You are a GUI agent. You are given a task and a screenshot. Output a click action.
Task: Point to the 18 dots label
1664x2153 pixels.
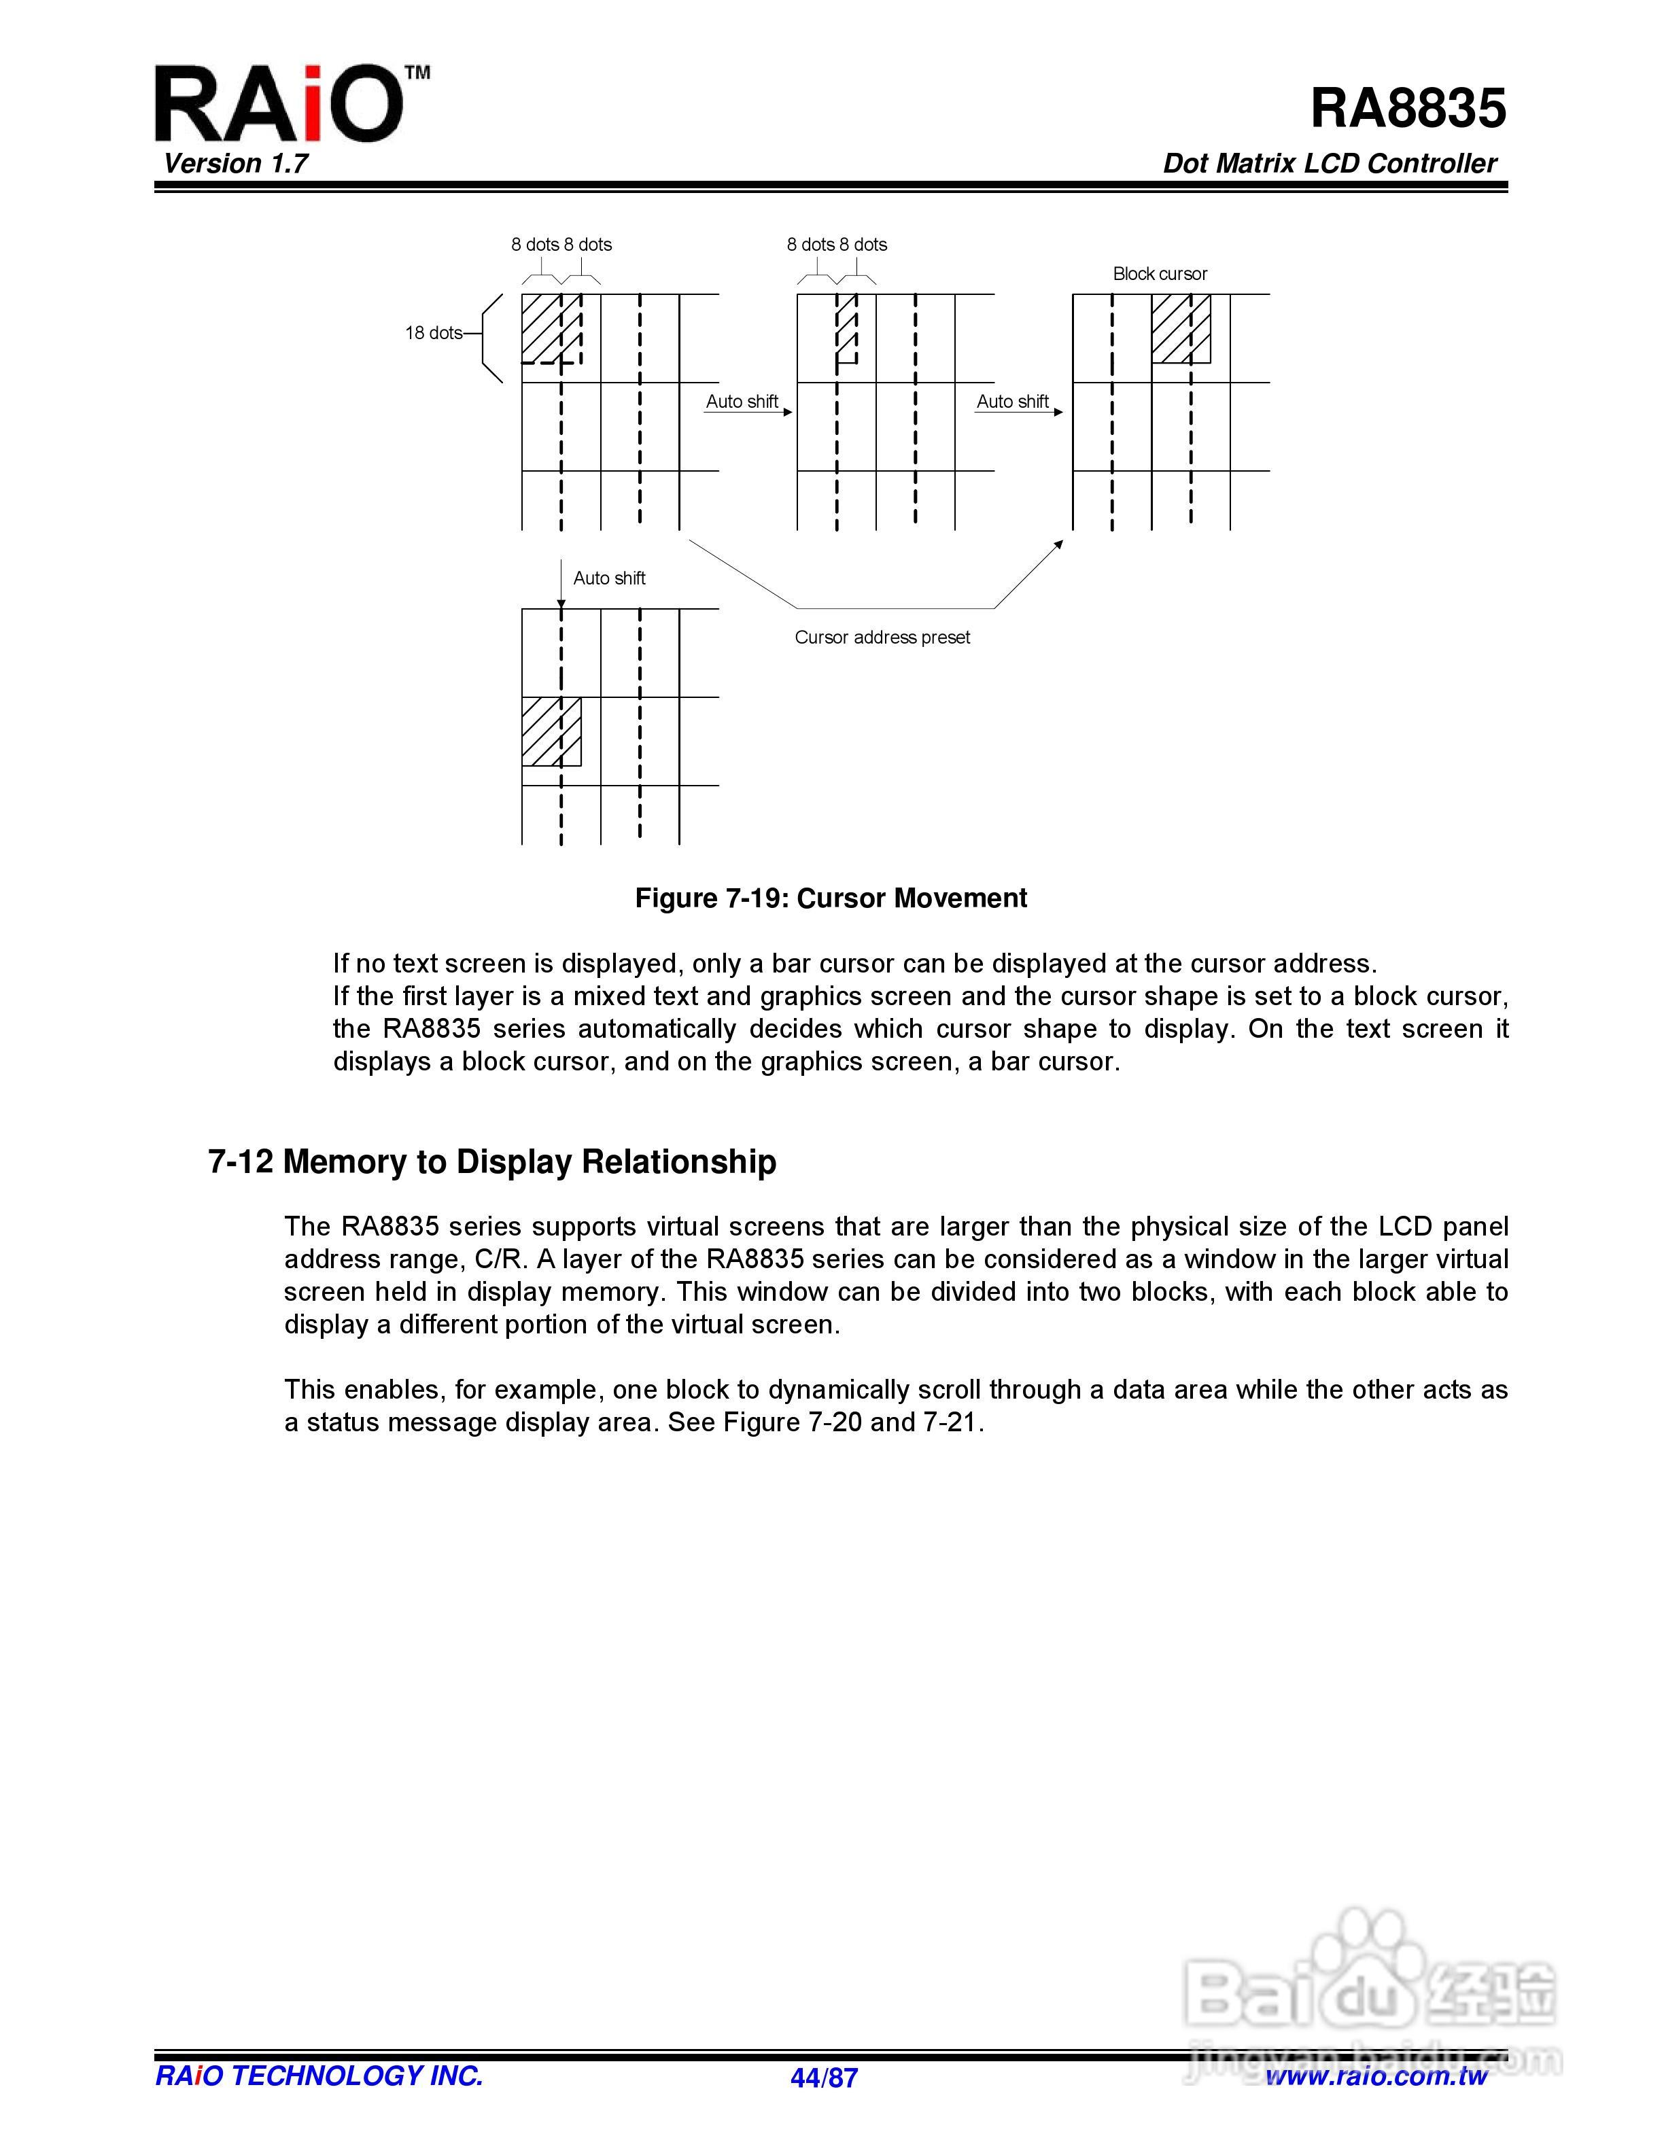tap(433, 333)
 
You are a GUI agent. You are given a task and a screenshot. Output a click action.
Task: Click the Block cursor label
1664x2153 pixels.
tap(1159, 274)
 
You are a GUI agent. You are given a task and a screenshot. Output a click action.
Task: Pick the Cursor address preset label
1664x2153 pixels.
tap(882, 638)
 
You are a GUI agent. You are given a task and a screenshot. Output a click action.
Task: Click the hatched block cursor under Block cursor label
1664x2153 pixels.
tap(1181, 328)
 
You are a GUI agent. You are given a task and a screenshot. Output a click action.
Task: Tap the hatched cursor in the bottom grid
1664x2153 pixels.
tap(551, 731)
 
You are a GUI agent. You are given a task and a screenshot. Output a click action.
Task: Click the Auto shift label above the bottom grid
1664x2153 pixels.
tap(609, 578)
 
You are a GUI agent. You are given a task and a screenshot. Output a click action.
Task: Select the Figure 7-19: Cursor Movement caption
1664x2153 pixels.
tap(831, 898)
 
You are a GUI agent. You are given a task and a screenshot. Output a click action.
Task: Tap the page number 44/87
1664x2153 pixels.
tap(824, 2078)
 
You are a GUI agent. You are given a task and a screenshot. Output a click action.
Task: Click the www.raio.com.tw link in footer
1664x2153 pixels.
tap(1376, 2077)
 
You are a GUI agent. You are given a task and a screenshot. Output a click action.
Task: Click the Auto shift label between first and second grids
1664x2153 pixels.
tap(742, 402)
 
